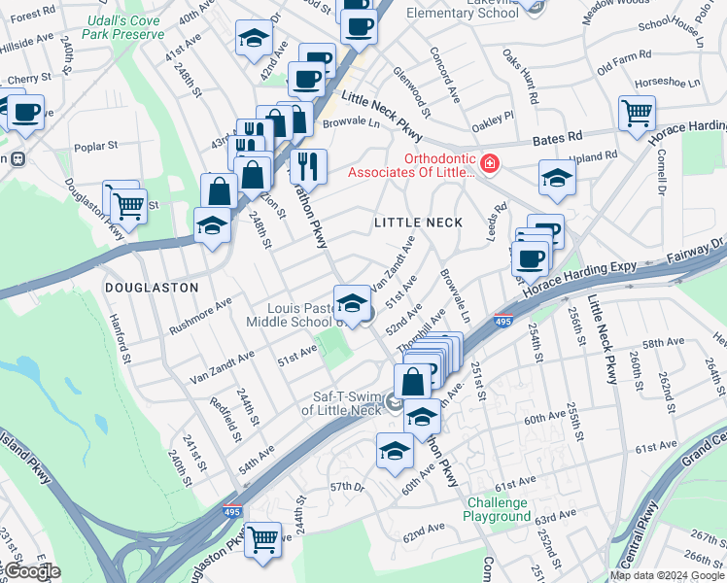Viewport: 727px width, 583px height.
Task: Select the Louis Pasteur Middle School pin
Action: (x=352, y=301)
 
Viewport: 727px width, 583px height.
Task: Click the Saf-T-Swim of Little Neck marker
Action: (x=393, y=401)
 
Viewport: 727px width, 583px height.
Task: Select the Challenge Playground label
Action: (x=499, y=509)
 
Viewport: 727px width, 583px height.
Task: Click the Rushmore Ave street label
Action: (x=200, y=313)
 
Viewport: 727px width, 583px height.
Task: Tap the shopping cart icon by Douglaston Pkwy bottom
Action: (x=262, y=539)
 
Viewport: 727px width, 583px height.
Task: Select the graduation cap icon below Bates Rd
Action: (x=557, y=178)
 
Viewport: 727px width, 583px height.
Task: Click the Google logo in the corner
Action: (x=31, y=570)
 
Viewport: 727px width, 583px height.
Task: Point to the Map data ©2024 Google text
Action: (x=667, y=575)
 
